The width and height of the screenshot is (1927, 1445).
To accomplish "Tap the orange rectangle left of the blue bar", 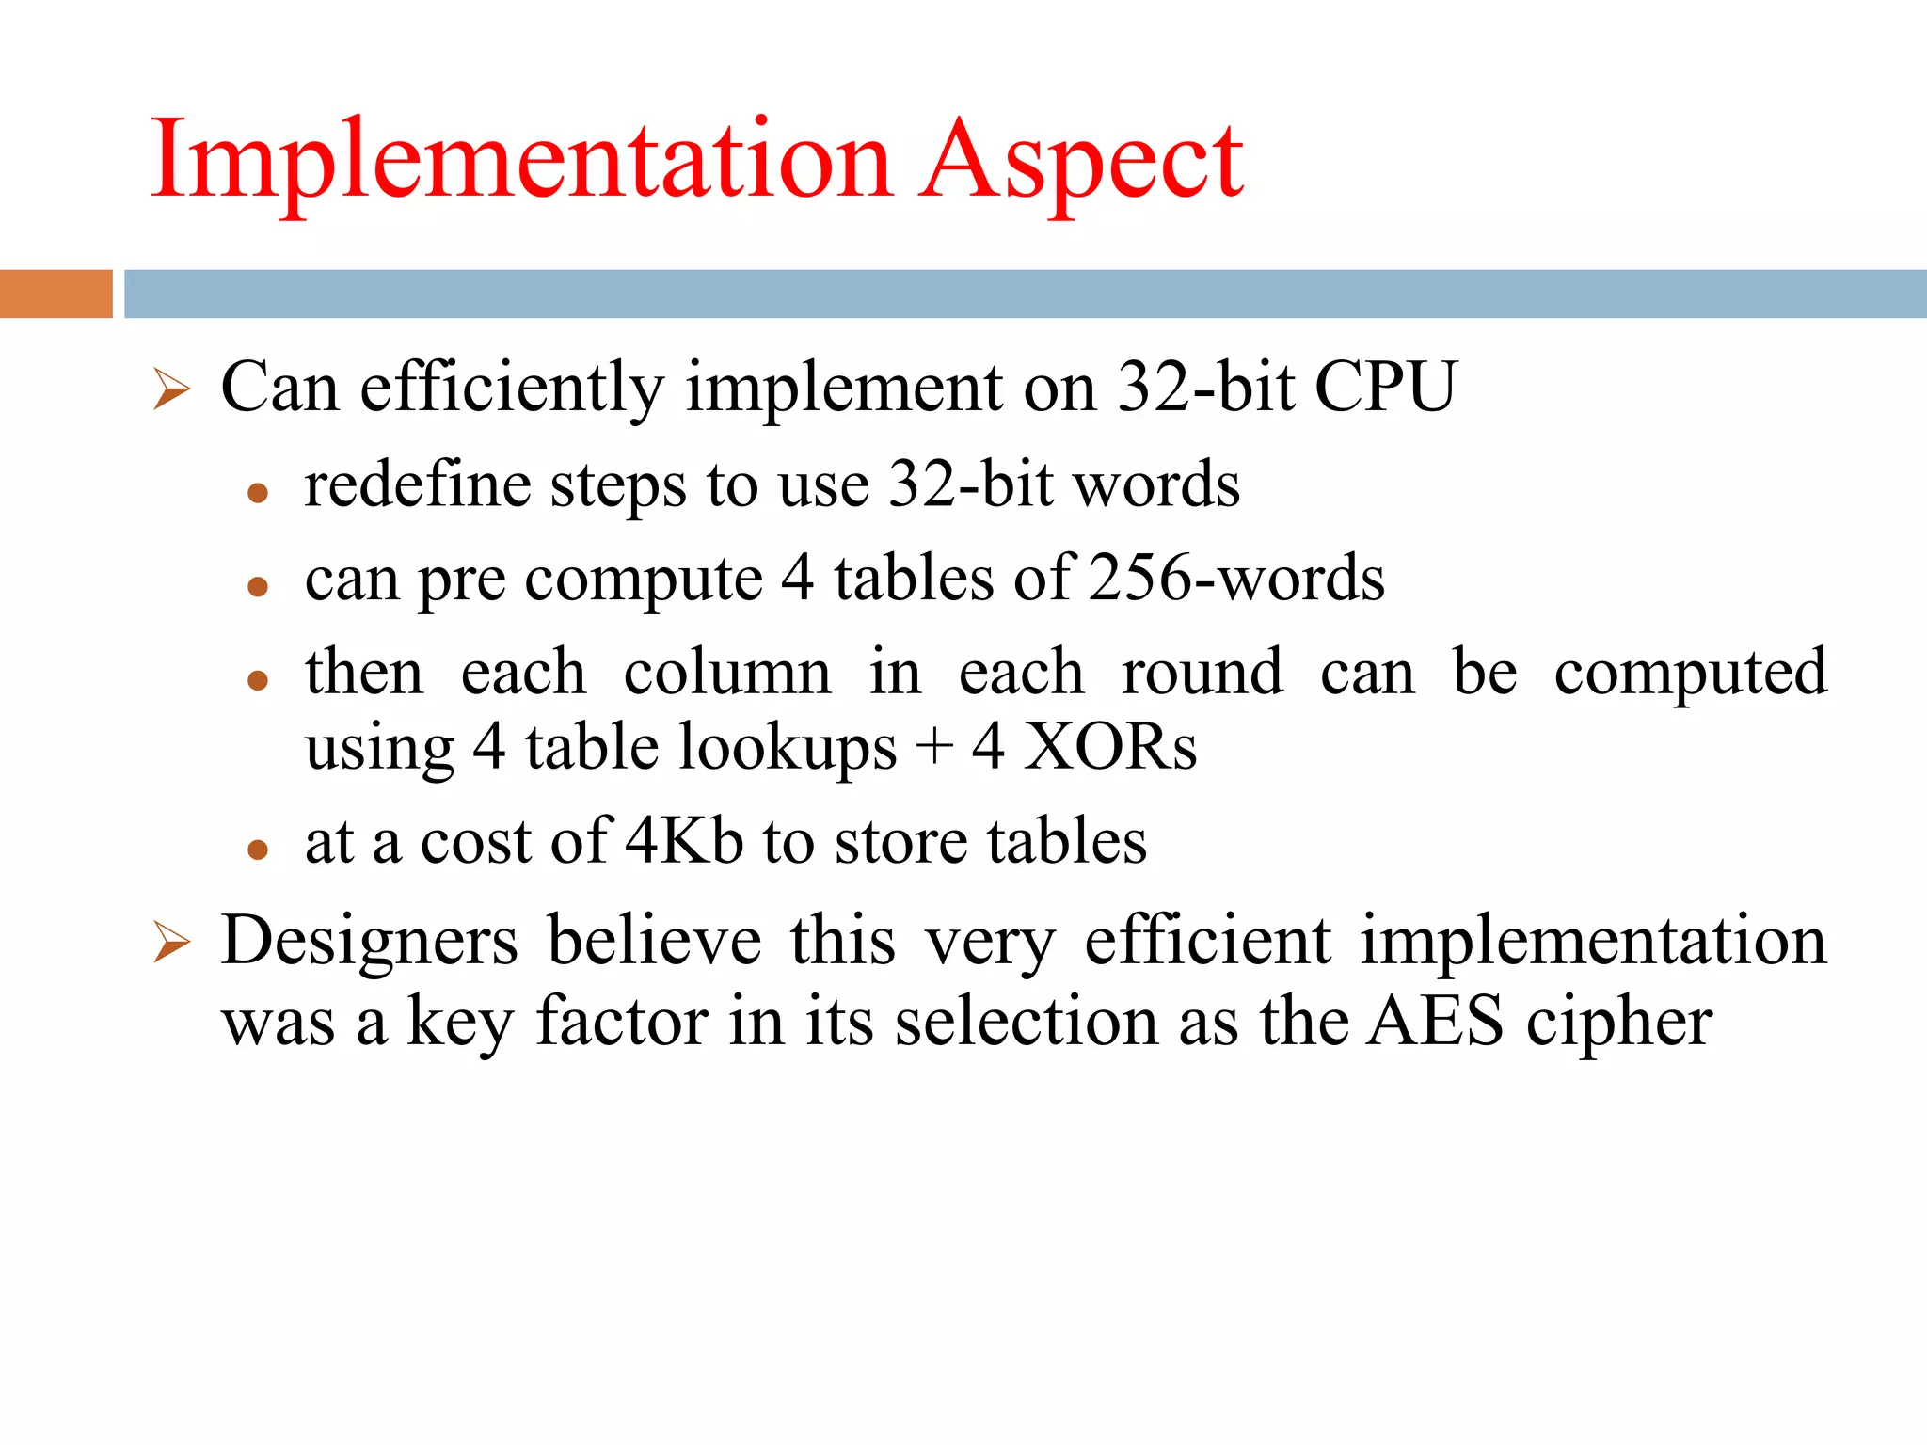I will click(x=56, y=294).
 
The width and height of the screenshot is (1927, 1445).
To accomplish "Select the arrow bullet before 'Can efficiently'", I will click(x=172, y=389).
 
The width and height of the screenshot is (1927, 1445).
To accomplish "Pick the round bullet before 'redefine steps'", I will click(x=258, y=492).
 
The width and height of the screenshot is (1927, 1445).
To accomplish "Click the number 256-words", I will click(x=1236, y=578).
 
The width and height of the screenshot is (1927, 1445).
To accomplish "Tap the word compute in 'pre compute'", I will click(x=644, y=580).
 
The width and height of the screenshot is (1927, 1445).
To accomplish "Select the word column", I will click(x=727, y=673).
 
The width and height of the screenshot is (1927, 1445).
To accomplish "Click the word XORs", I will click(x=1110, y=748).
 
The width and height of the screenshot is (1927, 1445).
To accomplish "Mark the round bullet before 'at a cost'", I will click(x=258, y=850).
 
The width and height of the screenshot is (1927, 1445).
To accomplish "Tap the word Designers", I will click(x=369, y=940).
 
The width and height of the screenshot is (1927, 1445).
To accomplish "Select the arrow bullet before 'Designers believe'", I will click(x=172, y=943).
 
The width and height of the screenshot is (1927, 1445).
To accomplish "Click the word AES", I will click(x=1434, y=1022).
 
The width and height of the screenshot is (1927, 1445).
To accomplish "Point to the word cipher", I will click(x=1618, y=1024).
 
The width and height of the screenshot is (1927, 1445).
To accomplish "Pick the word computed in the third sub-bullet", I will click(x=1690, y=673).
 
